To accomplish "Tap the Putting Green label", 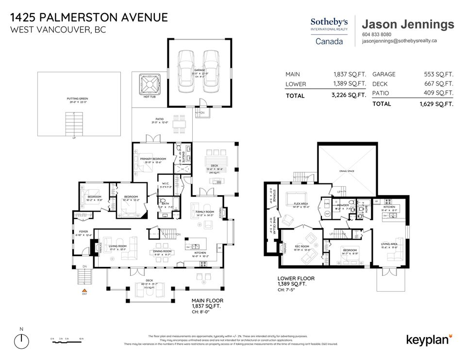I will coord(77,100).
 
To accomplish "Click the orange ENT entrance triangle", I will coord(84,290).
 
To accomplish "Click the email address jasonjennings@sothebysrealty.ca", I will coord(399,41).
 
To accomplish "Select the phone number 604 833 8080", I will coord(377,34).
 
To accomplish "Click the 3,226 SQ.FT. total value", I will coord(349,96).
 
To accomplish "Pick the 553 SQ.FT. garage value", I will coord(438,74).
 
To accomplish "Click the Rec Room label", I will coord(301,247).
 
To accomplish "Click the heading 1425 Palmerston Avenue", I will coord(89,17).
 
